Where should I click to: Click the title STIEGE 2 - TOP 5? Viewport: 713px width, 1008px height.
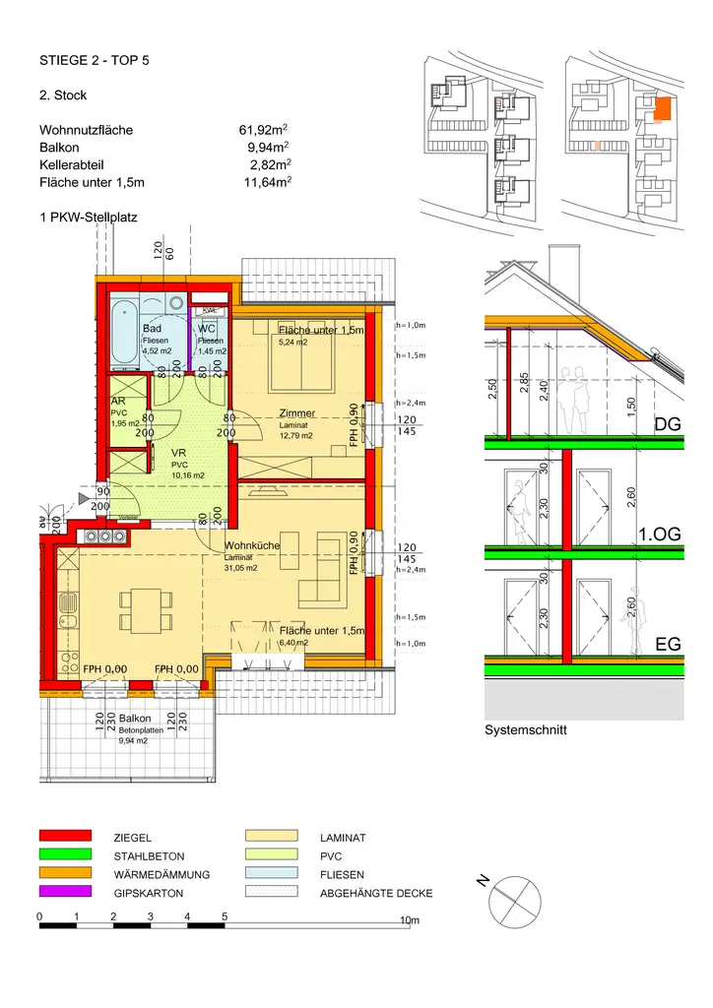(x=95, y=61)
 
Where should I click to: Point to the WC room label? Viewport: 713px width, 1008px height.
(x=207, y=329)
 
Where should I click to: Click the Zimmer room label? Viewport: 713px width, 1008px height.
(x=296, y=413)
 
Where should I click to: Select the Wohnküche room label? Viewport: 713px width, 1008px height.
(x=252, y=545)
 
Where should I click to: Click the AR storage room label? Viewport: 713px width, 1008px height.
(x=117, y=402)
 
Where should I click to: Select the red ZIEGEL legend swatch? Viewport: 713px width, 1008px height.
(x=65, y=837)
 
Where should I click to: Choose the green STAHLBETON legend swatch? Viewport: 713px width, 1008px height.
(x=65, y=855)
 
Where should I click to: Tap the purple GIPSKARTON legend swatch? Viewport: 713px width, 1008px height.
(x=65, y=892)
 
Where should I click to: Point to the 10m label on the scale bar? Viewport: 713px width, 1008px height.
(x=410, y=920)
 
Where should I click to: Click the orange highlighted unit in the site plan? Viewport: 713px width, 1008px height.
(x=663, y=107)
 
